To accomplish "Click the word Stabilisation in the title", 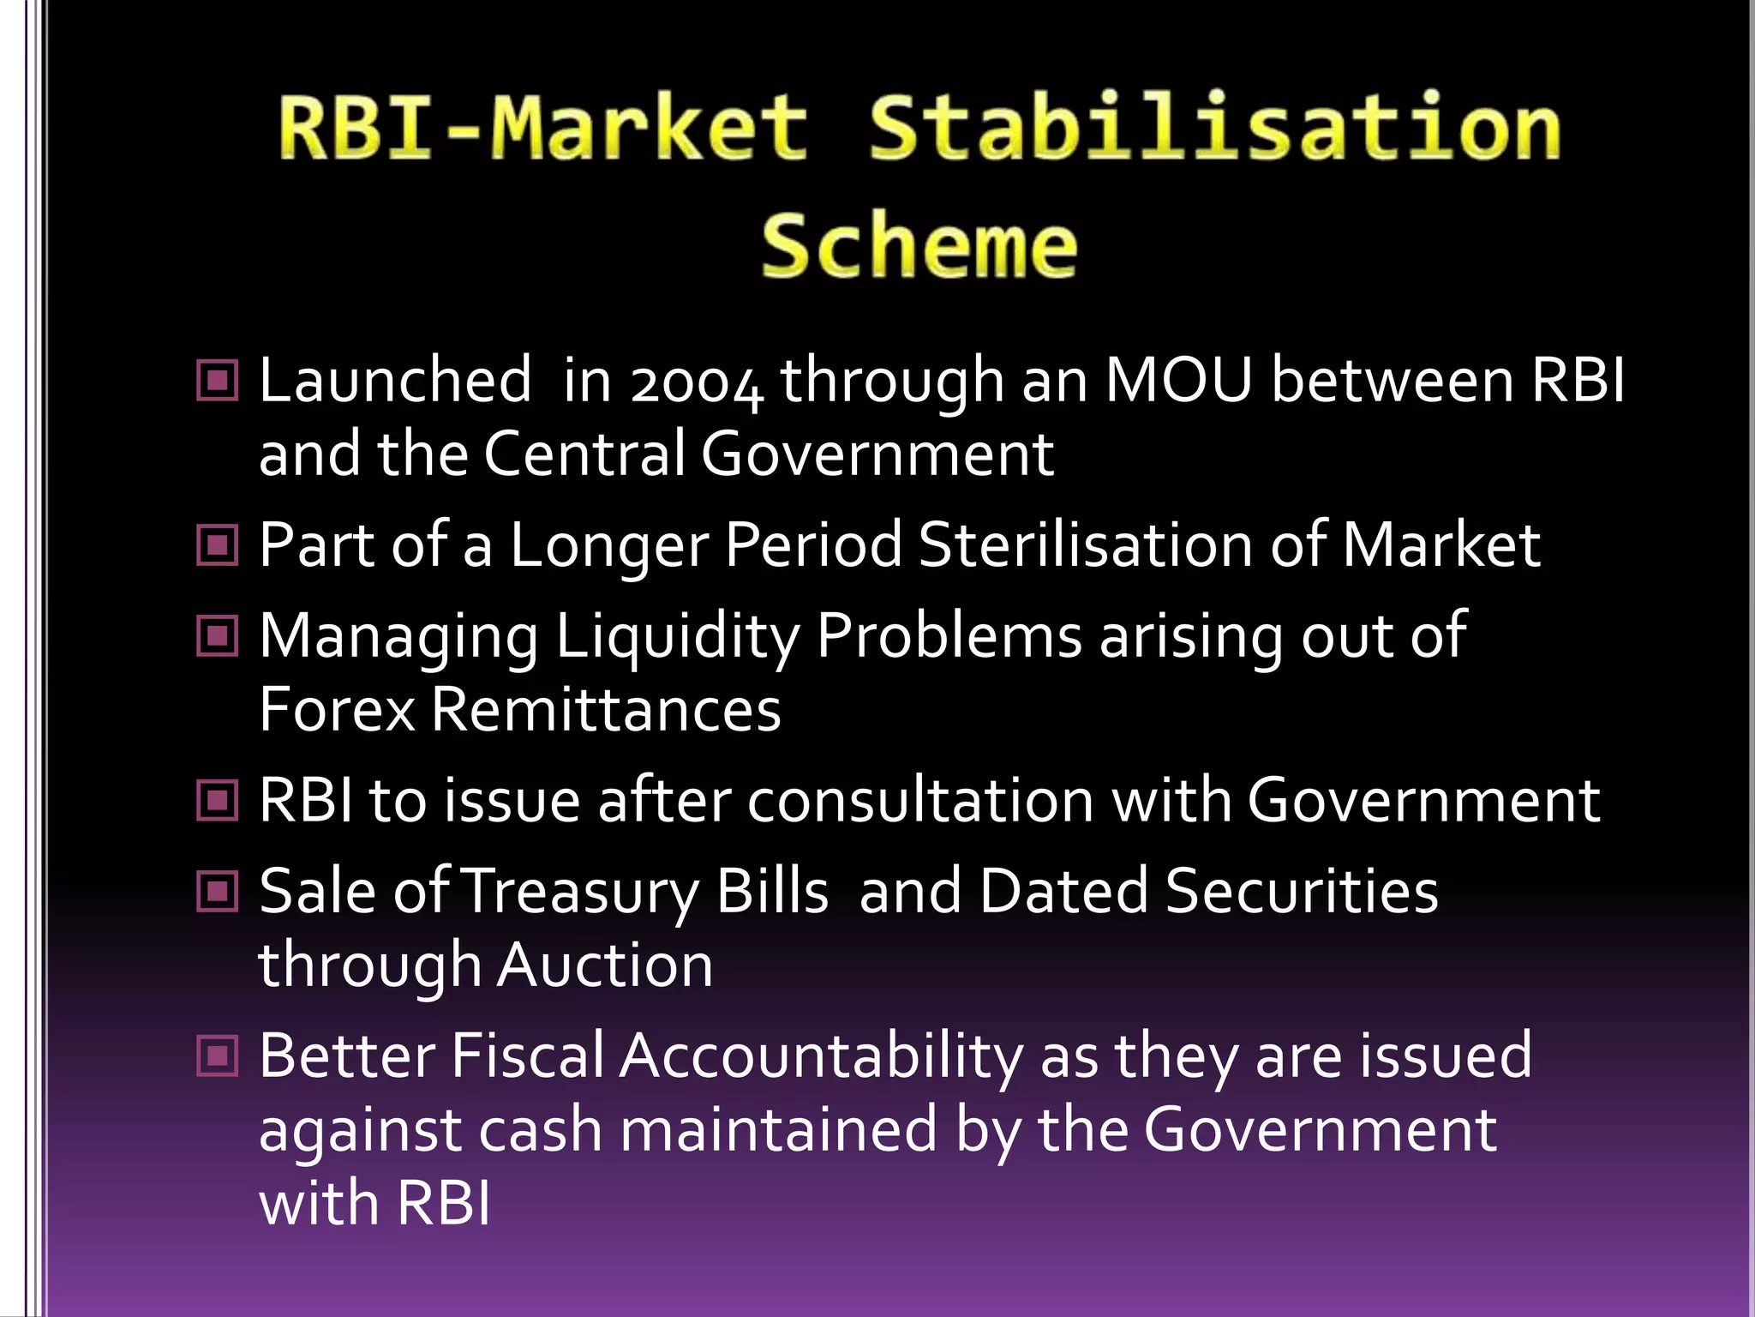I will pyautogui.click(x=1215, y=129).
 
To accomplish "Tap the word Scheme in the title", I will pyautogui.click(x=919, y=246).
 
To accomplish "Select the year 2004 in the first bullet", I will pyautogui.click(x=696, y=381).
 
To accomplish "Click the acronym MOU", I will pyautogui.click(x=1179, y=379).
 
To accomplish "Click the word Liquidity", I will pyautogui.click(x=677, y=636).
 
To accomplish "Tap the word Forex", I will pyautogui.click(x=337, y=710).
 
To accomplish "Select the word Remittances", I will pyautogui.click(x=606, y=710).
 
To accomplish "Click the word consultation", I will pyautogui.click(x=920, y=800).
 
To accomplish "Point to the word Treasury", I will pyautogui.click(x=582, y=892).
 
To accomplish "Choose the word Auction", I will pyautogui.click(x=604, y=965).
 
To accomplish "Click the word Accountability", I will pyautogui.click(x=820, y=1056).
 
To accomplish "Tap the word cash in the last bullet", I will pyautogui.click(x=540, y=1130).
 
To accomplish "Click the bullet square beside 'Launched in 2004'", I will pyautogui.click(x=218, y=380).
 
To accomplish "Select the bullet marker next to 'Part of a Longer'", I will pyautogui.click(x=218, y=544).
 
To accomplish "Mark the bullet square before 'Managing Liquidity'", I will pyautogui.click(x=218, y=636).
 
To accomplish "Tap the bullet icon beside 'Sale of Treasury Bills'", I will pyautogui.click(x=218, y=891).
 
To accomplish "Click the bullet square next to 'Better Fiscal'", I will pyautogui.click(x=218, y=1055).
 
